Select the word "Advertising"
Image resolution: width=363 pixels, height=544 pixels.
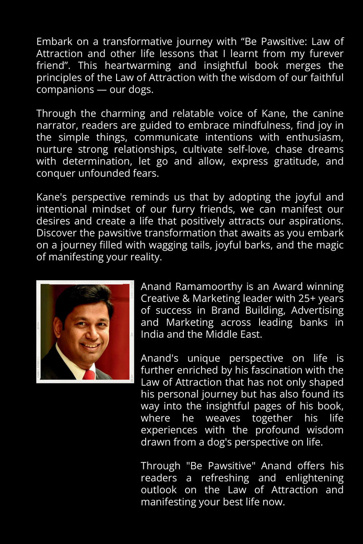tap(317, 311)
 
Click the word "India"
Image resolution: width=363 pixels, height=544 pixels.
tap(152, 335)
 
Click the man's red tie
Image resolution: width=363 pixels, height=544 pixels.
tap(89, 374)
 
